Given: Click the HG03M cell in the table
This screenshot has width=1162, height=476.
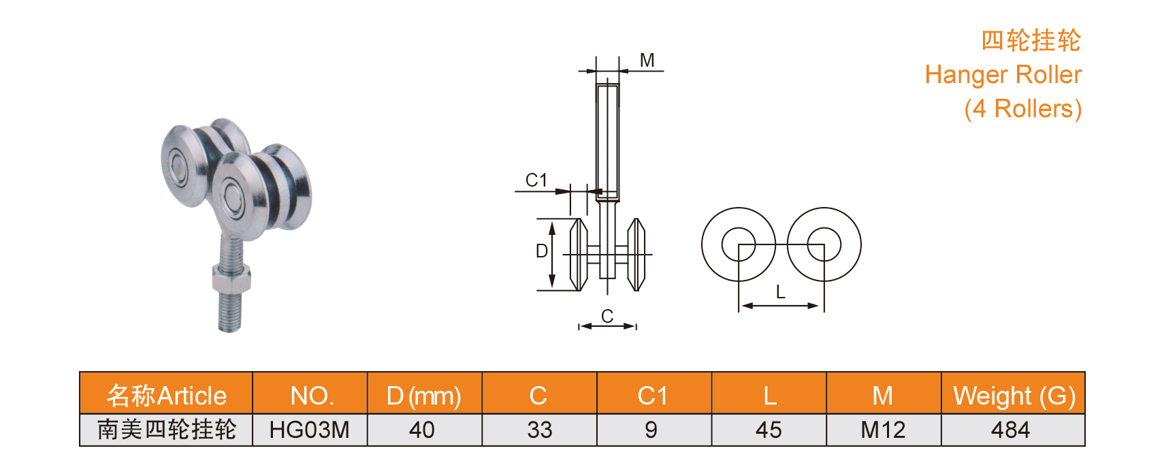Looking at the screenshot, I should click(309, 430).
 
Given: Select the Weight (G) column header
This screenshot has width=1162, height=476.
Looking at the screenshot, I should click(1014, 396).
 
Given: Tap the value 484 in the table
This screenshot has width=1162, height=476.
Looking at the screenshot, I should click(1011, 430).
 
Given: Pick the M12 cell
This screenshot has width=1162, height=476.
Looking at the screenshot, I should click(883, 430).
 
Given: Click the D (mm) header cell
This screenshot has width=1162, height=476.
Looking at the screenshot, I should click(423, 396).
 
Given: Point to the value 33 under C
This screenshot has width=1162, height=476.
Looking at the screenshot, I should click(539, 430).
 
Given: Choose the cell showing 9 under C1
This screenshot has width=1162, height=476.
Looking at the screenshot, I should click(651, 430).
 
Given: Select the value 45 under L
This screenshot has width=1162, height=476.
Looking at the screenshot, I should click(769, 430).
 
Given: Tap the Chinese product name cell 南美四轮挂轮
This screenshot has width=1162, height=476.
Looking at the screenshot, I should click(167, 430).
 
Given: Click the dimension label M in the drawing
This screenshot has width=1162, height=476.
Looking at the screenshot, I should click(647, 61).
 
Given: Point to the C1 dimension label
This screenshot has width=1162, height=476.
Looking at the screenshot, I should click(536, 180).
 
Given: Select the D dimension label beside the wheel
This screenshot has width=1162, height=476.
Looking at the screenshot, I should click(542, 251).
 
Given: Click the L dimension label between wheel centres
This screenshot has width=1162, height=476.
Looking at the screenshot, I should click(781, 293).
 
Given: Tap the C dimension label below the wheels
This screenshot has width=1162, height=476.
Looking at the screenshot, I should click(607, 316).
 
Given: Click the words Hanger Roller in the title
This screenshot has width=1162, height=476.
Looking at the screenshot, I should click(1003, 75).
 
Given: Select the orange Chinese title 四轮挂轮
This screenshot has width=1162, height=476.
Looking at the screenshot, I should click(1031, 41).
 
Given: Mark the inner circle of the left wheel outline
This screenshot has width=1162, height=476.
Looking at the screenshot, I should click(738, 244).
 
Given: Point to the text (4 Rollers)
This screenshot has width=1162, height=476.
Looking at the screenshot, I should click(1022, 109).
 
